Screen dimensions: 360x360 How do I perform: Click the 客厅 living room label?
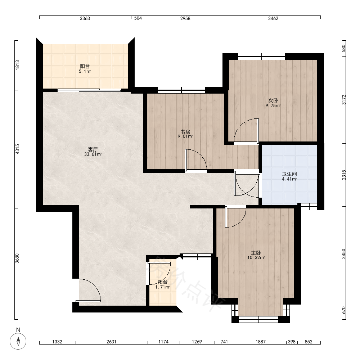[x=93, y=149]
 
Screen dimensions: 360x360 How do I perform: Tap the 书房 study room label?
[x=185, y=132]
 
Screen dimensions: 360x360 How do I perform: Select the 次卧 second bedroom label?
[x=273, y=100]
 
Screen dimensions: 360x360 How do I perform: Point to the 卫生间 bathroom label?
[x=289, y=174]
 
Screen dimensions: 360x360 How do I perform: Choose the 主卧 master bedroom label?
[x=256, y=253]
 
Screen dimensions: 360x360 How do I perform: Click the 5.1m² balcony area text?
[x=85, y=71]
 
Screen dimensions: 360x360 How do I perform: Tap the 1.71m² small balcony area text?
[x=163, y=287]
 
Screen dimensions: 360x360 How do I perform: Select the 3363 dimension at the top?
[x=85, y=18]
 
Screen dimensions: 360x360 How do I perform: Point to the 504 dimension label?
[x=138, y=18]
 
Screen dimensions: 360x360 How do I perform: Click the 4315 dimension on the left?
[x=17, y=149]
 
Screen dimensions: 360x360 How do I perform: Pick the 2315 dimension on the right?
[x=344, y=175]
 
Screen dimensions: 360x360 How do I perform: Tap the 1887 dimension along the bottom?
[x=261, y=342]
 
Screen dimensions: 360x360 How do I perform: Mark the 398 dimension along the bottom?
[x=292, y=342]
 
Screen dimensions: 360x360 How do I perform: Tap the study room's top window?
[x=181, y=90]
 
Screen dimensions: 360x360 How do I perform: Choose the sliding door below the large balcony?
[x=89, y=90]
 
